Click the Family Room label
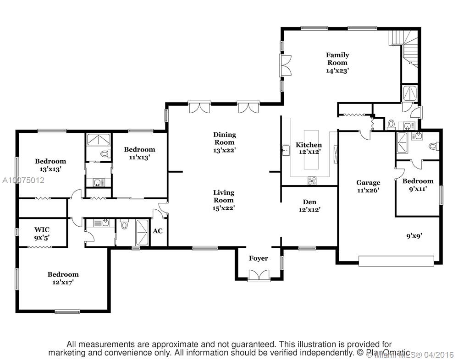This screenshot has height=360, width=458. click(x=337, y=63)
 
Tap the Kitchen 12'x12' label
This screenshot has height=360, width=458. click(x=309, y=148)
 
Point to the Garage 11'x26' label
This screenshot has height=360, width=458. click(x=368, y=186)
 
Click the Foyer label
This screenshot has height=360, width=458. click(x=258, y=258)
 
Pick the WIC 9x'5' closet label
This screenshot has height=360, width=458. click(x=42, y=233)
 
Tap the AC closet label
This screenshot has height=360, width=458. click(x=157, y=231)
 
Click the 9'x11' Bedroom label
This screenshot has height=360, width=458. click(x=418, y=184)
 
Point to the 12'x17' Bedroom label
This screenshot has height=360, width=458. click(x=63, y=278)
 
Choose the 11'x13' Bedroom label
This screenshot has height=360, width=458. click(x=139, y=153)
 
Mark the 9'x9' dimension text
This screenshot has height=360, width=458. click(x=414, y=236)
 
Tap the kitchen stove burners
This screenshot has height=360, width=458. click(x=312, y=180)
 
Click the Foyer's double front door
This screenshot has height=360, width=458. click(x=258, y=276)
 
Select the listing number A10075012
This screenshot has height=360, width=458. click(x=22, y=180)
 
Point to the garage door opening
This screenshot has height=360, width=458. click(x=396, y=261)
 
